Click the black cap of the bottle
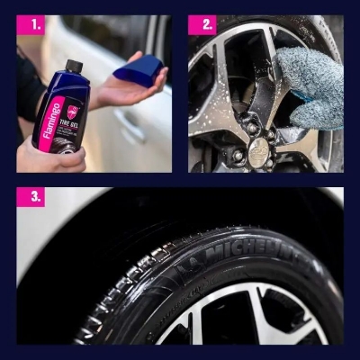point(75,67)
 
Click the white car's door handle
point(131,126)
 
